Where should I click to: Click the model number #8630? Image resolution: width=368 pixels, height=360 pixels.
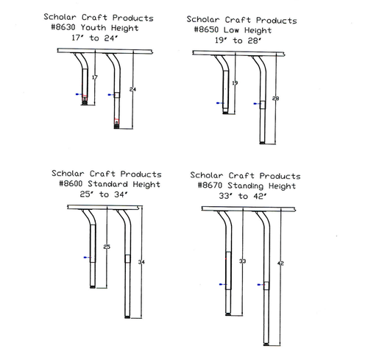point(63,27)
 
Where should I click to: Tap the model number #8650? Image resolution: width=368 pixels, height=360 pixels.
point(206,29)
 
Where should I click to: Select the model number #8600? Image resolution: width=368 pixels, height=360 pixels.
point(71,183)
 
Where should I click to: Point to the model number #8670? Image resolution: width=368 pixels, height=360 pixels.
point(210,185)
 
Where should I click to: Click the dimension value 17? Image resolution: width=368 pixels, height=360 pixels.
point(95,77)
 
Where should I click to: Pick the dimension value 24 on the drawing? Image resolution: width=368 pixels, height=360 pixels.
point(132,89)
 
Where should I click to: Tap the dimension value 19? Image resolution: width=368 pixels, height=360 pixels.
point(235,83)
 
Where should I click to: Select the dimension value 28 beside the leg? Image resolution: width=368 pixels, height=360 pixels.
point(275,99)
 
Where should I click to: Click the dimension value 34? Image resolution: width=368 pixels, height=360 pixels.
point(141,262)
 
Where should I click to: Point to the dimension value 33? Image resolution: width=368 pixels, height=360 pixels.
point(242,261)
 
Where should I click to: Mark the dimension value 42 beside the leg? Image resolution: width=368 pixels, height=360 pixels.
point(280,264)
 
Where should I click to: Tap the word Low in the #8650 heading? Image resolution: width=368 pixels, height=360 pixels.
point(231,29)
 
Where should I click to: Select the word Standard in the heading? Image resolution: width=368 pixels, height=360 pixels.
point(107,183)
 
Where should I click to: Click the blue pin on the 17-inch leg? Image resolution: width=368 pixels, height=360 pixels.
point(79,94)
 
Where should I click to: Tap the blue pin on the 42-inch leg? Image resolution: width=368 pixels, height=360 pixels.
point(261,285)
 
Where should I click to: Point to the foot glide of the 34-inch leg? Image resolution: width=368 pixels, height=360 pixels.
point(127,317)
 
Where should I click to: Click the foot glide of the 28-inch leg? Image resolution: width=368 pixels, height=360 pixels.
point(263,143)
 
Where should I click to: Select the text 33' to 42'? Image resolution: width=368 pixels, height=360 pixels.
point(243,196)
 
